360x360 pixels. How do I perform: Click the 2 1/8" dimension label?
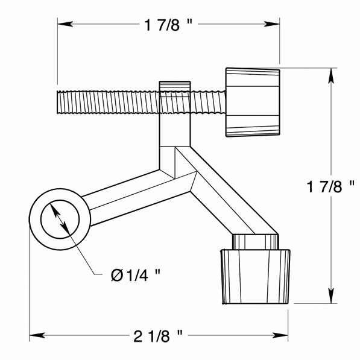pyautogui.click(x=159, y=333)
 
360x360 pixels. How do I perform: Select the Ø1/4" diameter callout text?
pyautogui.click(x=136, y=275)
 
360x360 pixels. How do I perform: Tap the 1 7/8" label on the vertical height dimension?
pyautogui.click(x=329, y=186)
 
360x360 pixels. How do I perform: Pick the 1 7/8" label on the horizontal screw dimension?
pyautogui.click(x=168, y=25)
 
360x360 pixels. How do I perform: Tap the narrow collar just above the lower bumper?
pyautogui.click(x=254, y=241)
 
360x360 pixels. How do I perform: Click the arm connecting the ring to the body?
pyautogui.click(x=127, y=193)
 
